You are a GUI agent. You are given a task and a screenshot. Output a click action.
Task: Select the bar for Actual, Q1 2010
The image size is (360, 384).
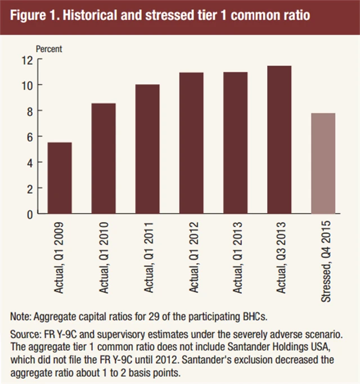[x=103, y=159]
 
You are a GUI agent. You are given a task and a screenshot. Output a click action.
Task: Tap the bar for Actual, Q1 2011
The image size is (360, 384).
[x=147, y=150]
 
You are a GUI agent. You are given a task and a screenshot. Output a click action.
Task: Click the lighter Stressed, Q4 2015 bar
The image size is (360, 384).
[x=322, y=164]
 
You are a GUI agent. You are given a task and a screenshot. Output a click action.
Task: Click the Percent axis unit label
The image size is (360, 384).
[x=49, y=48]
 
